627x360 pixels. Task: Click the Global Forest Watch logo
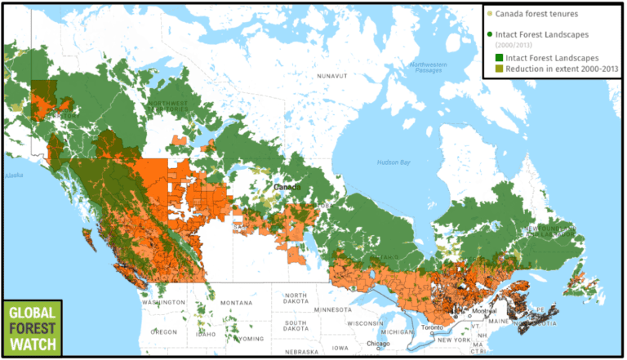click(33, 328)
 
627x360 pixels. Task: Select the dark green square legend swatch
click(498, 58)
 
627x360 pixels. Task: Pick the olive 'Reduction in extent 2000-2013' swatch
click(498, 69)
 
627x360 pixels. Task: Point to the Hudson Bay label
click(394, 162)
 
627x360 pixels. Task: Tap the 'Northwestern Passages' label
click(429, 68)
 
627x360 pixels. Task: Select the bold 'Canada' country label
click(287, 187)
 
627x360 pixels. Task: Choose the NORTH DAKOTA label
click(296, 299)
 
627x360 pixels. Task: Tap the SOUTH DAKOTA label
click(296, 327)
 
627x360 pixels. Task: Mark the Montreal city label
click(485, 311)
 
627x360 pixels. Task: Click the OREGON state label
click(163, 332)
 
